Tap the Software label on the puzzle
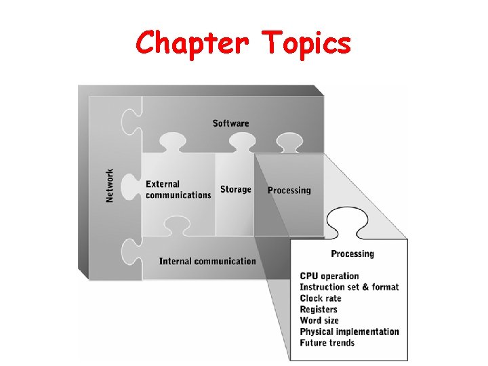[230, 123]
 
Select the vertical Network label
[110, 185]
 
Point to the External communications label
[178, 190]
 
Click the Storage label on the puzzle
[235, 190]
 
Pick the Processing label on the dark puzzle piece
[289, 190]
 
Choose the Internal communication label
[207, 261]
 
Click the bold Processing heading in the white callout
[352, 254]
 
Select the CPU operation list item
[329, 276]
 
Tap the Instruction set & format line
[349, 287]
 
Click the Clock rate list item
[321, 298]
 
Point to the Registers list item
[319, 309]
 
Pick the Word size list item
[319, 321]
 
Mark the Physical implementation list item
[349, 331]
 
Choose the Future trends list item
[327, 343]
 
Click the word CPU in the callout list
[309, 276]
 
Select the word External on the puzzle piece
[163, 184]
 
